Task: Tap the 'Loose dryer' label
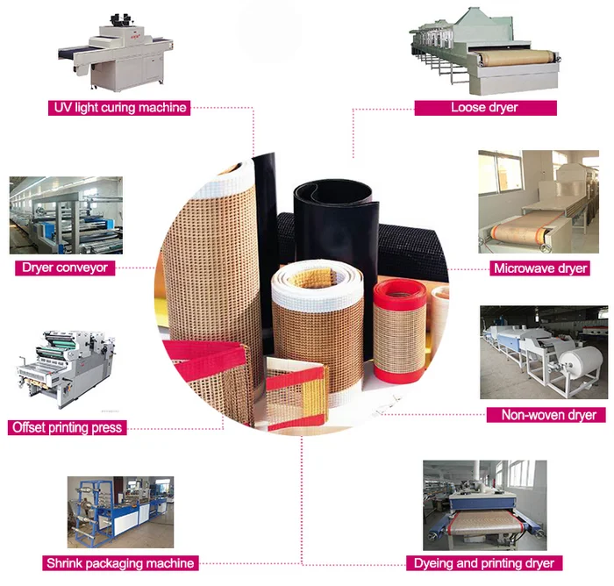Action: pyautogui.click(x=485, y=107)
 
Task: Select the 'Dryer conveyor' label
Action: pyautogui.click(x=66, y=267)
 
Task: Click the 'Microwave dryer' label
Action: pyautogui.click(x=539, y=268)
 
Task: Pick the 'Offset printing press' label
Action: pyautogui.click(x=67, y=427)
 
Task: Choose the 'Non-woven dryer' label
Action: pyautogui.click(x=547, y=414)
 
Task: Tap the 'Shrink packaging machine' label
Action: pyautogui.click(x=119, y=562)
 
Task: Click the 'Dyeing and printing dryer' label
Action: pyautogui.click(x=483, y=562)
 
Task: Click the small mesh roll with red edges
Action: pyautogui.click(x=399, y=329)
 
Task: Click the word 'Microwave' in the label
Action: pyautogui.click(x=523, y=268)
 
